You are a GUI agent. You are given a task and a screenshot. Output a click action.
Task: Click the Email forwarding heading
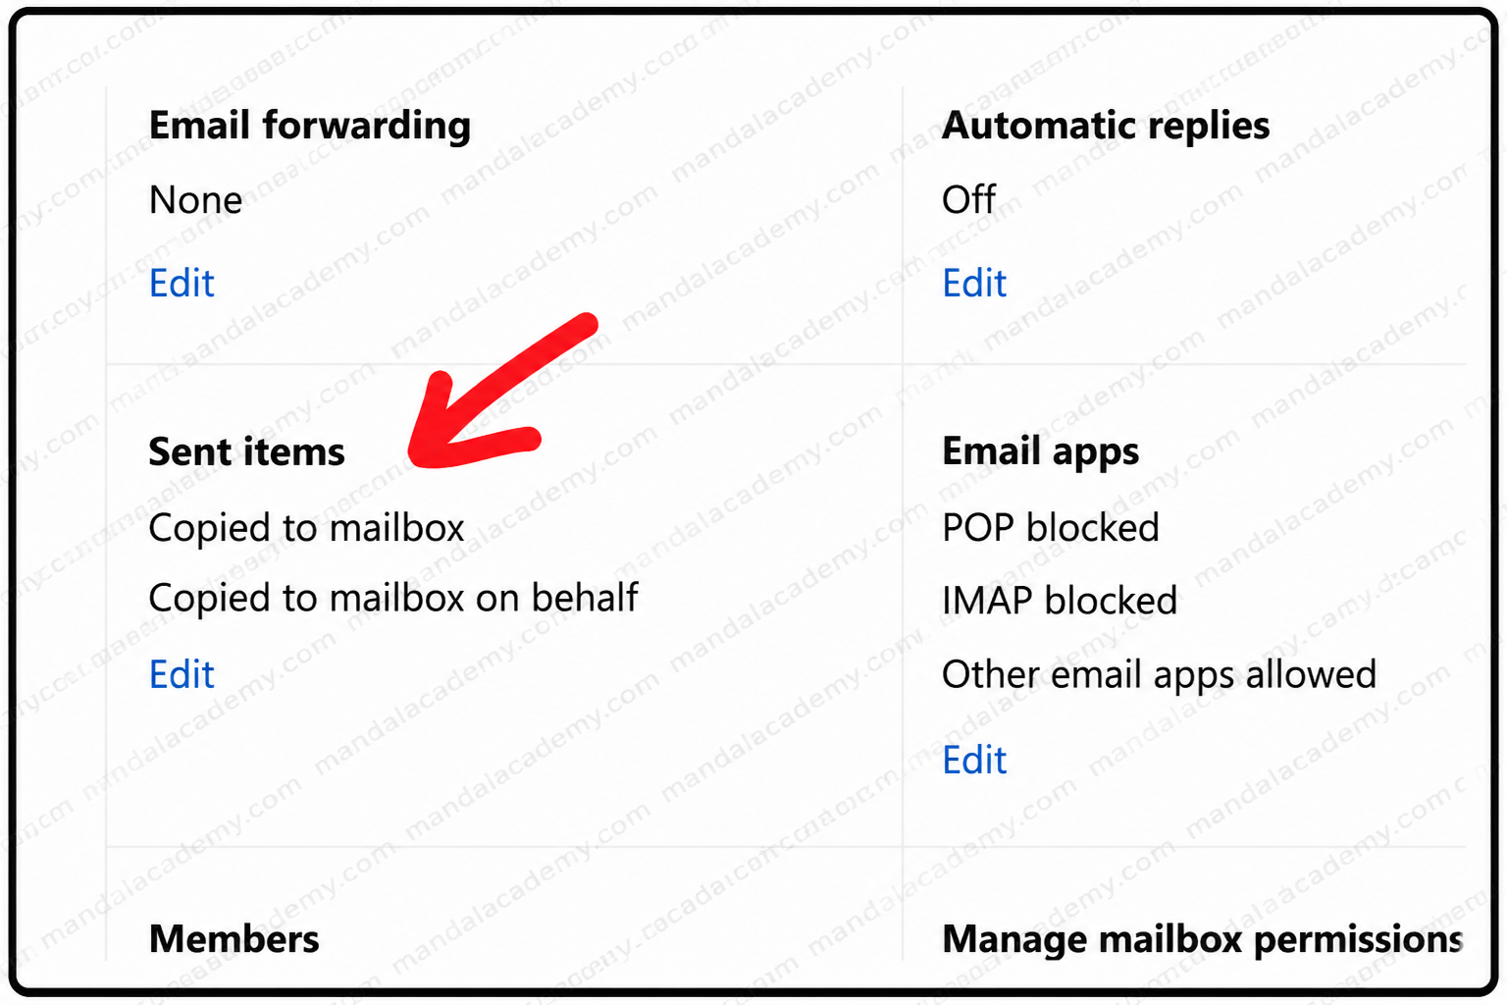pos(309,126)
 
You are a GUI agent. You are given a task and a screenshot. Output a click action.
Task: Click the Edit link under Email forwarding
pos(182,283)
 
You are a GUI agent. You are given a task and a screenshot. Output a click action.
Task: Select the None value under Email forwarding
pos(195,200)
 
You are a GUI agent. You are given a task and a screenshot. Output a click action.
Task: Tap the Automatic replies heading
pos(1106,126)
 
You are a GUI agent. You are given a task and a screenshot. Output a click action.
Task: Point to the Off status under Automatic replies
pos(968,200)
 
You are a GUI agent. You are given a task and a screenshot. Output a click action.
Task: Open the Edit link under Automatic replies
pos(974,283)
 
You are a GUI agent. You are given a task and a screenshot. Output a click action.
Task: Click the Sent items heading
pos(246,451)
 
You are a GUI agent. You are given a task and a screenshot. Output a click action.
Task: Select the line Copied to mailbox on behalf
pos(392,598)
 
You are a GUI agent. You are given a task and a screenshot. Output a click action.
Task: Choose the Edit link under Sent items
pos(182,674)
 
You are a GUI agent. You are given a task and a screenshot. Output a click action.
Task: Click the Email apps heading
pos(1040,452)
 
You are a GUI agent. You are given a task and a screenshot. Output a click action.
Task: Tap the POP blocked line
pos(1050,528)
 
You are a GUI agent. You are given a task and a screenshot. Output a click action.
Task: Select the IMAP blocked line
pos(1060,601)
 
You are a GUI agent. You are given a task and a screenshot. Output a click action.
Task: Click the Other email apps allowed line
pos(1159,675)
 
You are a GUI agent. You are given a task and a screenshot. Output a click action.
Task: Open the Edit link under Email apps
pos(974,761)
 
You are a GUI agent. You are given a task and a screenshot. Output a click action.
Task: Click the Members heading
pos(234,939)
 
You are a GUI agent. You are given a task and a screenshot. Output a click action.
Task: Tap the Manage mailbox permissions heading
pos(1202,940)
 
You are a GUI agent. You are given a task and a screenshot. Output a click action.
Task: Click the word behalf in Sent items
pos(584,597)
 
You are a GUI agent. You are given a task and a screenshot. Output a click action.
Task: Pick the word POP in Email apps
pos(977,528)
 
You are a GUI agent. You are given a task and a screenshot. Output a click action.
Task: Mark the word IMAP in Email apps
pos(987,601)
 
